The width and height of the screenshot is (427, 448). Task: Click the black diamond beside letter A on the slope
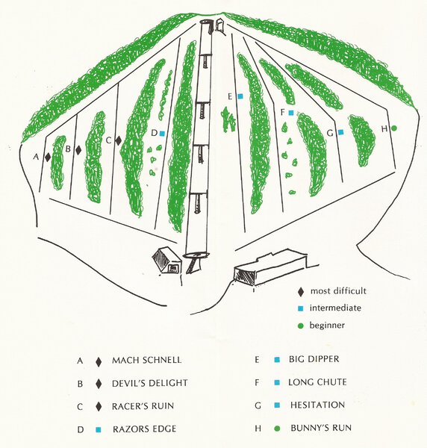[x=48, y=157]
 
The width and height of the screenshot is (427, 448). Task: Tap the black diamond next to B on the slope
[x=78, y=149]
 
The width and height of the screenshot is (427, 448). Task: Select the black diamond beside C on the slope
[x=118, y=140]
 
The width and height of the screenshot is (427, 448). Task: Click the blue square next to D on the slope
[x=162, y=133]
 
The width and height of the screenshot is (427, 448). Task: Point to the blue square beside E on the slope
[x=240, y=96]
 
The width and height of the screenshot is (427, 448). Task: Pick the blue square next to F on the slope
[x=291, y=113]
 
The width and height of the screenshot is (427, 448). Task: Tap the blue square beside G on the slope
[x=340, y=132]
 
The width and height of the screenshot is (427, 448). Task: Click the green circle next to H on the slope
[x=394, y=128]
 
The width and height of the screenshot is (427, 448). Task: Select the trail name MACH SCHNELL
[x=146, y=360]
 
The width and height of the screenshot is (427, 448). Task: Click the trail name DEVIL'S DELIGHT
[x=149, y=383]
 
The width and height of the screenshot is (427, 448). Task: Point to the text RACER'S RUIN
[x=143, y=406]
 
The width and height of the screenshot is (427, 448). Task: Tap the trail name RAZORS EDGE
[x=144, y=429]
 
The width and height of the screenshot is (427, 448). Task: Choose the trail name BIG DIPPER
[x=314, y=359]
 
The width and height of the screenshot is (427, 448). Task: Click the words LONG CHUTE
[x=317, y=382]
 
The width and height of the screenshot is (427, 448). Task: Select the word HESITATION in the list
[x=317, y=405]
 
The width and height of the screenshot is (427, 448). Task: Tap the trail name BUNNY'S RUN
[x=321, y=428]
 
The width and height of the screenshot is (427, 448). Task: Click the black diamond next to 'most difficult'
[x=300, y=292]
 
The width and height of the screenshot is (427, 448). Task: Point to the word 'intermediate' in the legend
[x=335, y=308]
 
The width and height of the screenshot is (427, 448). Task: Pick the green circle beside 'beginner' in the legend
[x=300, y=326]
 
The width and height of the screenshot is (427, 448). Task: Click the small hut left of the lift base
[x=166, y=261]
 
